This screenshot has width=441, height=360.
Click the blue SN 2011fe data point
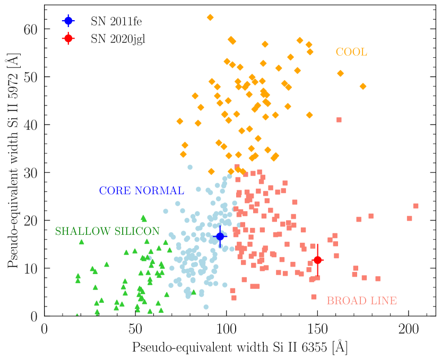pos(220,236)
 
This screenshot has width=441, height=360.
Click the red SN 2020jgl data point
pos(317,260)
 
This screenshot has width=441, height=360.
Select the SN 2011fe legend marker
pos(68,21)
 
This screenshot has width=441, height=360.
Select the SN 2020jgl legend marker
pos(68,38)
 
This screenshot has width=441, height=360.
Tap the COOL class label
pos(351,52)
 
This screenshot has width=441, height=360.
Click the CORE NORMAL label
pos(142,191)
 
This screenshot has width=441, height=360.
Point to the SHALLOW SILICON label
pos(107,231)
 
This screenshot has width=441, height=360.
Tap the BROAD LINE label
pos(361,301)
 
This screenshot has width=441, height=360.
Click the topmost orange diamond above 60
pos(210,17)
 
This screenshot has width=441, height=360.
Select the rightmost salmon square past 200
pos(416,206)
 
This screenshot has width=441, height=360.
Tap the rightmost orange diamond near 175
pos(363,86)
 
